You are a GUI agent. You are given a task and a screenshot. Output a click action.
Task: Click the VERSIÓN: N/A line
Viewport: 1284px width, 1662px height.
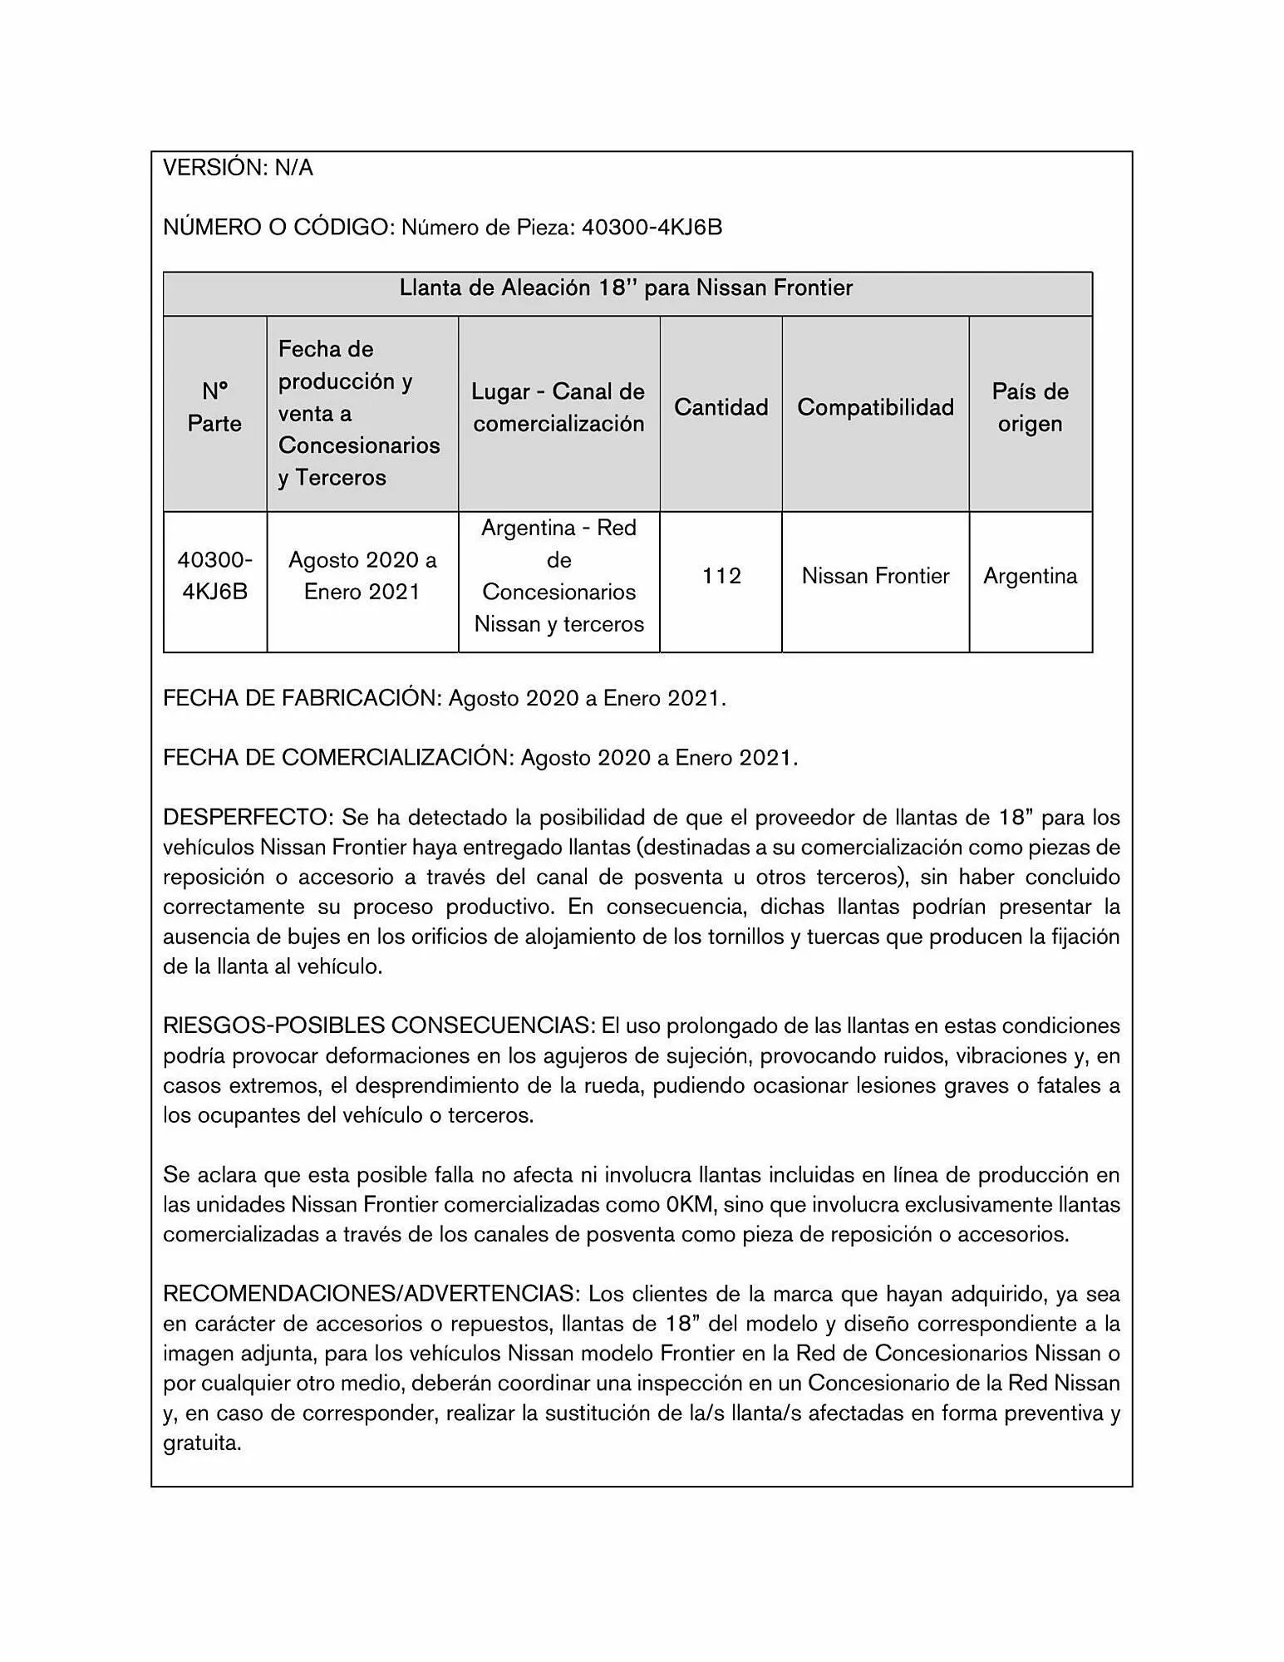pyautogui.click(x=238, y=168)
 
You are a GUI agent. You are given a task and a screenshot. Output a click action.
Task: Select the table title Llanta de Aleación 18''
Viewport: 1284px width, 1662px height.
pyautogui.click(x=627, y=288)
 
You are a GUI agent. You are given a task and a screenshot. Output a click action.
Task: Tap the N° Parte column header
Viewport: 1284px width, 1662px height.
pyautogui.click(x=214, y=407)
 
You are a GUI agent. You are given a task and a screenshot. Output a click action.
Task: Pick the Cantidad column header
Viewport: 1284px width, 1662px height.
pyautogui.click(x=721, y=407)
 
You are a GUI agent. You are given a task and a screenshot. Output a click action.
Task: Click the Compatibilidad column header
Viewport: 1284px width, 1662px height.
pyautogui.click(x=875, y=407)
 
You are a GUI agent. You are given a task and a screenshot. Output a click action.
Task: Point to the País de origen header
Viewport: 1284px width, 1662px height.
pyautogui.click(x=1030, y=407)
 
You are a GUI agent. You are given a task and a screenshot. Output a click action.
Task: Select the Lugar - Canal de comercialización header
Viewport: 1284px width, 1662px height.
pyautogui.click(x=558, y=407)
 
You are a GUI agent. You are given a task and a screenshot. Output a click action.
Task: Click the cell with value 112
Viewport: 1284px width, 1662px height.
pyautogui.click(x=721, y=576)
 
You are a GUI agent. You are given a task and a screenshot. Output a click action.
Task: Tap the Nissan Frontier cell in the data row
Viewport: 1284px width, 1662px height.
pyautogui.click(x=875, y=576)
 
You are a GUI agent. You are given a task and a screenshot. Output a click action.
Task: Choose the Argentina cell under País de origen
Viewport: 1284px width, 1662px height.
pyautogui.click(x=1030, y=576)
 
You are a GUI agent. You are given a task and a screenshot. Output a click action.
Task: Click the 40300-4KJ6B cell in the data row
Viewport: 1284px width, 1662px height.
pyautogui.click(x=214, y=576)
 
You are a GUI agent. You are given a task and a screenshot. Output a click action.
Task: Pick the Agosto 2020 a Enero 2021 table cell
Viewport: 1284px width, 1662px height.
pyautogui.click(x=362, y=576)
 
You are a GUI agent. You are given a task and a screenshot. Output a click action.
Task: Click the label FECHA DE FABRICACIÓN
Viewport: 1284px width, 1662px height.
pyautogui.click(x=301, y=698)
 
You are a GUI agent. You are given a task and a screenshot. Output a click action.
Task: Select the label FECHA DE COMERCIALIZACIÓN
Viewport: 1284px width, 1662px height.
pyautogui.click(x=337, y=758)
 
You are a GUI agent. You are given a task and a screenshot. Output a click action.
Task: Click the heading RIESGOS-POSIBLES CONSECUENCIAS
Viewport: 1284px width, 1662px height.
pyautogui.click(x=378, y=1025)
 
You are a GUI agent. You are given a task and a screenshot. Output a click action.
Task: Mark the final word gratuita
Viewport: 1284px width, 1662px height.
pyautogui.click(x=202, y=1443)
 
